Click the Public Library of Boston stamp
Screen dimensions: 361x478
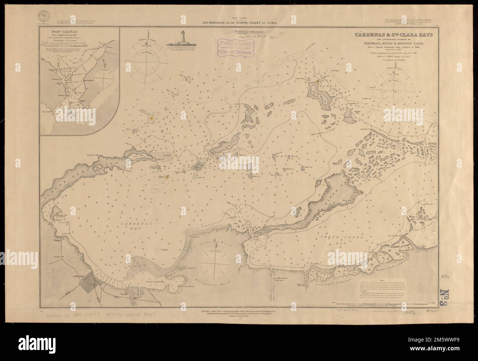[236, 48]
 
